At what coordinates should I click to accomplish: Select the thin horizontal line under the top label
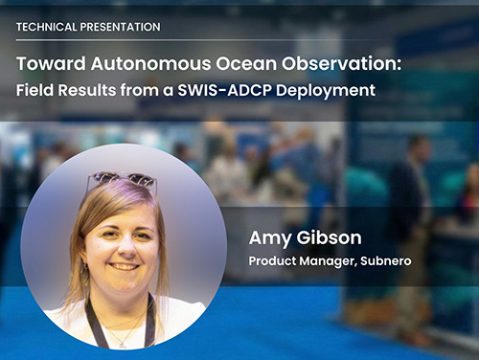click(239, 40)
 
